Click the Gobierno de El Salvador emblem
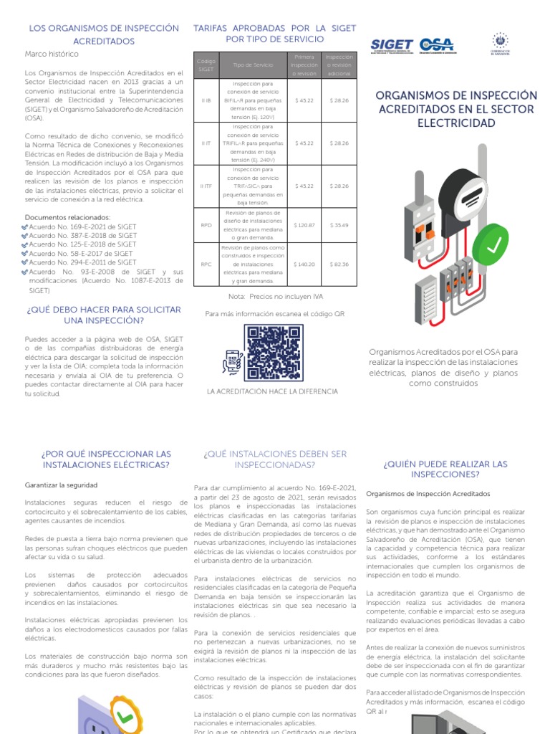pos(499,44)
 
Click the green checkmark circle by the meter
pos(493,245)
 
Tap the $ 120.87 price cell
pos(304,225)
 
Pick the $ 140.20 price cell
pos(304,264)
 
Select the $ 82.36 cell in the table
pos(339,264)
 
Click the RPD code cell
pos(206,225)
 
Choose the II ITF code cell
pos(206,186)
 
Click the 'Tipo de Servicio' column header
pos(253,65)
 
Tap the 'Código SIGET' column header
pos(206,65)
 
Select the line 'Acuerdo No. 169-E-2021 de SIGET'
pos(82,227)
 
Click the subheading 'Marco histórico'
pos(52,54)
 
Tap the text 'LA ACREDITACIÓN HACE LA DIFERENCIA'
pos(271,391)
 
